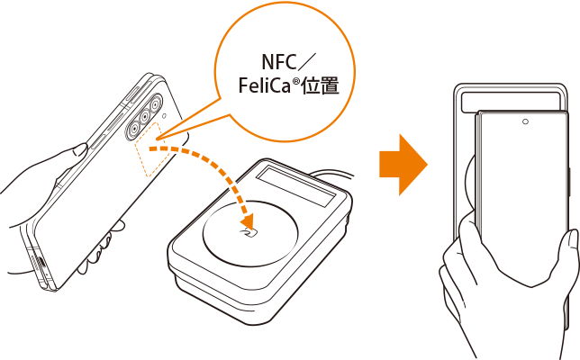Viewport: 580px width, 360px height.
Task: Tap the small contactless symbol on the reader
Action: [244, 233]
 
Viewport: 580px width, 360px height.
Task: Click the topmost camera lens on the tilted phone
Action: [154, 103]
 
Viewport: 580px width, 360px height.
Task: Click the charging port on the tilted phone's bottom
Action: [41, 265]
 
